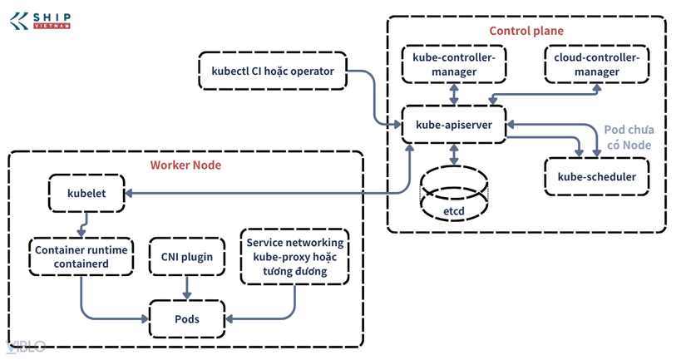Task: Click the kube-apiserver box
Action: point(454,125)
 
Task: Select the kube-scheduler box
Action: point(597,177)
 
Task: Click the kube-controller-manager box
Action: point(454,64)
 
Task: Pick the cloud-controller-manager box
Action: point(597,64)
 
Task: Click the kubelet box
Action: point(86,194)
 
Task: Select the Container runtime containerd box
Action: point(81,257)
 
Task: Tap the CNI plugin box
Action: point(187,257)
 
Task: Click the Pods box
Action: point(187,319)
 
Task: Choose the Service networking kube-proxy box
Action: point(295,257)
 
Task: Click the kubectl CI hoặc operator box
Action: point(273,71)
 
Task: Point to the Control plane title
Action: point(526,31)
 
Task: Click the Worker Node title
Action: point(185,165)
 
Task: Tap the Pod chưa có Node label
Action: point(629,137)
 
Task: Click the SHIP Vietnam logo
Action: point(40,21)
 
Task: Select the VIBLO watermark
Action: point(26,347)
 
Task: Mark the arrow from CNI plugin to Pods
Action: point(187,288)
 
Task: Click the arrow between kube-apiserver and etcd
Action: point(454,155)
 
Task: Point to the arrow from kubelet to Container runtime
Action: point(83,224)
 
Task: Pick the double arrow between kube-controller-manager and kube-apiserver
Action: point(454,95)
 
